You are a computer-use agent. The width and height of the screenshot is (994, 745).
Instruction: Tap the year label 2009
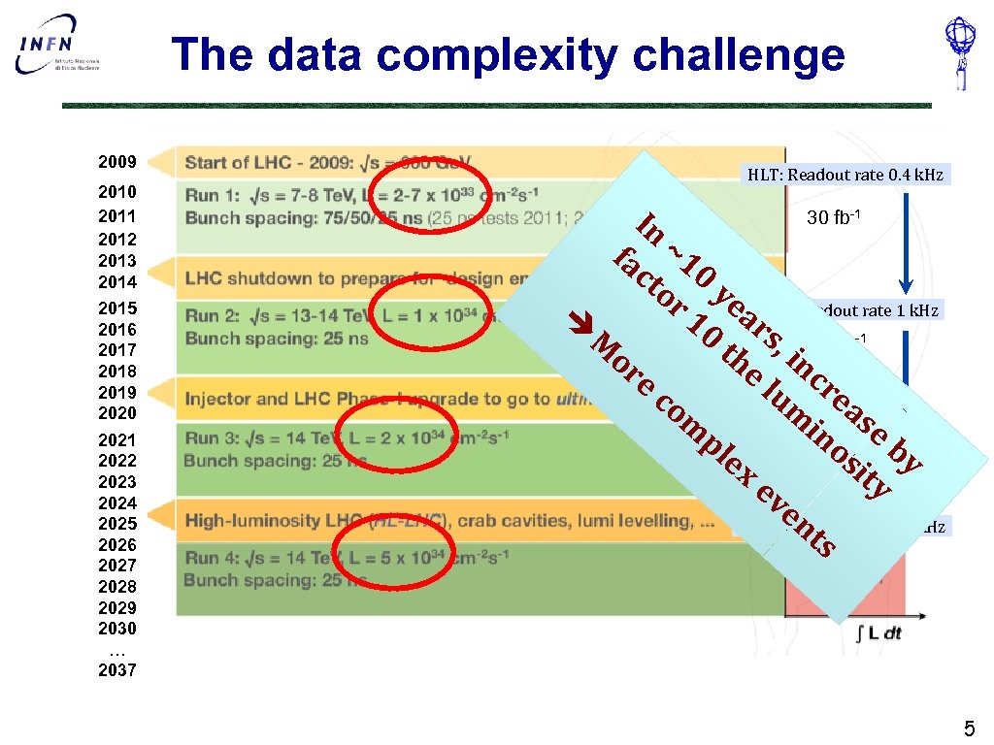[x=117, y=161]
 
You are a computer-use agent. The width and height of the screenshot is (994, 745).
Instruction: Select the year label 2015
[x=117, y=308]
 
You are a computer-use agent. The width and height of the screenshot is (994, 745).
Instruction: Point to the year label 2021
[x=117, y=439]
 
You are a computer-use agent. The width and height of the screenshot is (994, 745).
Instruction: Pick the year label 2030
[x=117, y=629]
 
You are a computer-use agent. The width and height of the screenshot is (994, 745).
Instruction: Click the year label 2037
[x=117, y=670]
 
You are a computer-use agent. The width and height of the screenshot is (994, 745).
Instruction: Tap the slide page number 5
[x=968, y=729]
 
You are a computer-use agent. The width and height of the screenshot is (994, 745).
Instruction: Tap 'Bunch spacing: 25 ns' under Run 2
[x=277, y=339]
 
